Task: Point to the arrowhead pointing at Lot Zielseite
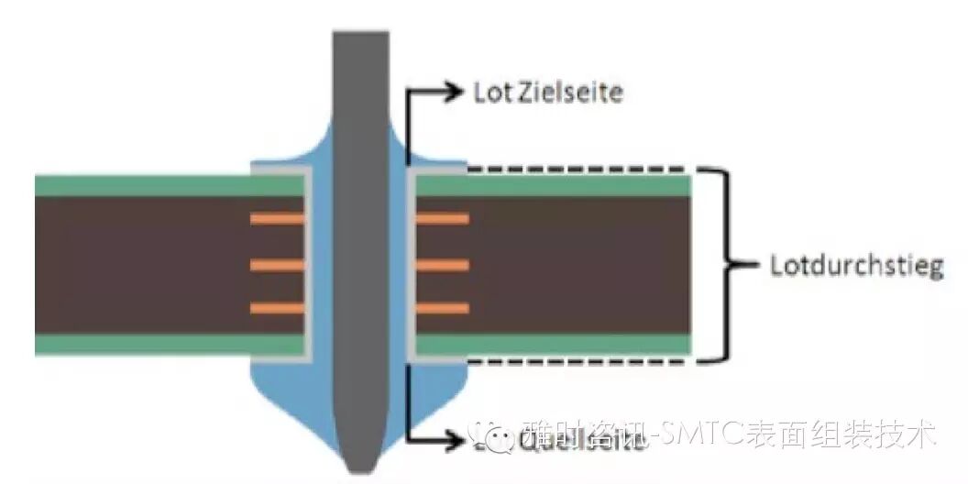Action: [456, 90]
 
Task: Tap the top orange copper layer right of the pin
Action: [443, 219]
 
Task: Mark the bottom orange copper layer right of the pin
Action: [443, 308]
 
